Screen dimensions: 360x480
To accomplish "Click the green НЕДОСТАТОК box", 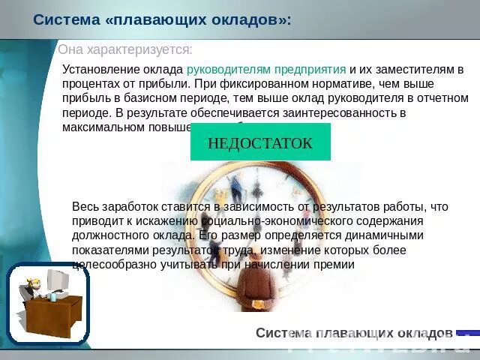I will (260, 143).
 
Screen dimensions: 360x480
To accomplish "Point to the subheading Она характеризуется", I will (125, 49).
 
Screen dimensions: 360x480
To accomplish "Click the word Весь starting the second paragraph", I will (85, 206).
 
